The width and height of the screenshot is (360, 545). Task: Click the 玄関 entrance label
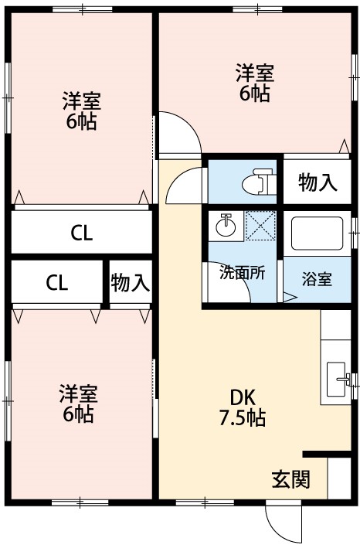[x=290, y=479]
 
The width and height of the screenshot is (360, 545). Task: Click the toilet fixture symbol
[x=257, y=183]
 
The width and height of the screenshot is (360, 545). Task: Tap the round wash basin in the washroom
[x=226, y=226]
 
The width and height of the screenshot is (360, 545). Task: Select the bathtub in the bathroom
[x=317, y=233]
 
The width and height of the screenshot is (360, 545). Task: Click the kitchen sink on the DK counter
[x=337, y=379]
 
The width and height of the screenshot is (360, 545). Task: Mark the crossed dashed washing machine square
[x=260, y=225]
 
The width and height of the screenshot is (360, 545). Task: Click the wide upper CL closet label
[x=81, y=232]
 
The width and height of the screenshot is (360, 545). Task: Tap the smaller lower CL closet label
[x=56, y=282]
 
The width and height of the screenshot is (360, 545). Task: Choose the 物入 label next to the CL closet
[x=129, y=282]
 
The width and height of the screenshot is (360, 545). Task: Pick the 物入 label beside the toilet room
[x=317, y=183]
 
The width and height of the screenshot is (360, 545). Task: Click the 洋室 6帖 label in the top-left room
[x=81, y=111]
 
